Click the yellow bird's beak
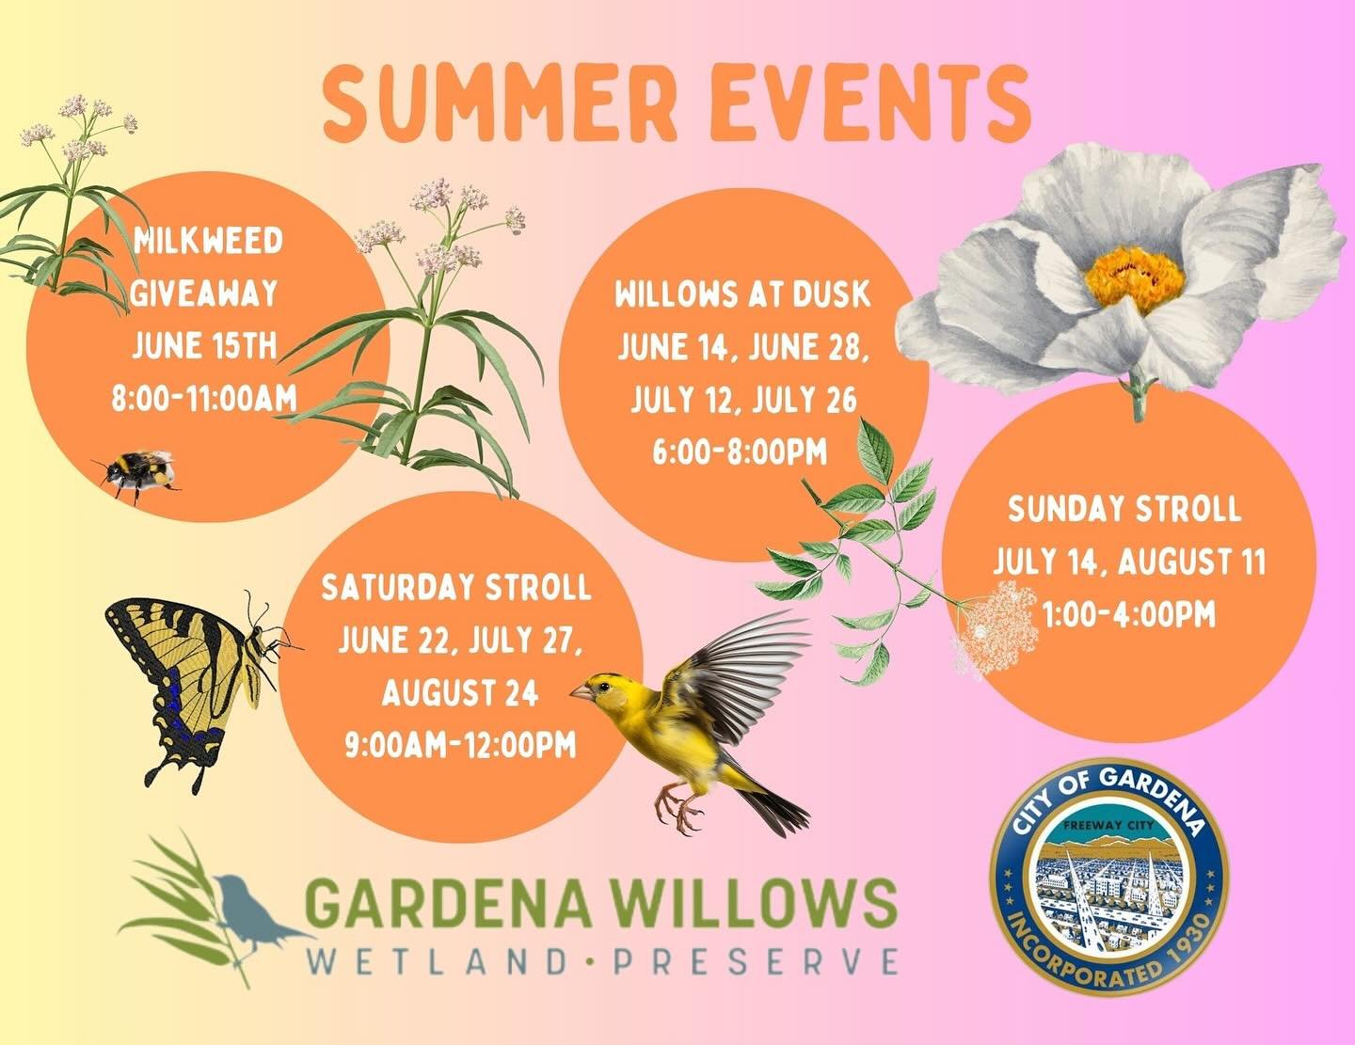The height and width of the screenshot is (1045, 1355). [577, 692]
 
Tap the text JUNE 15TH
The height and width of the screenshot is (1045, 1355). [205, 346]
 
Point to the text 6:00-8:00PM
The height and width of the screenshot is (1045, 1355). [740, 453]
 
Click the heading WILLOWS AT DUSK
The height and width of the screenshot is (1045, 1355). [742, 295]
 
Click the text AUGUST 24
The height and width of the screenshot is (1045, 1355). [460, 694]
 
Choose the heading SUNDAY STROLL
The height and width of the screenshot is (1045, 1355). [1124, 511]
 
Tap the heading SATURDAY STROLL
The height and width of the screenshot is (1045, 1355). [456, 589]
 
